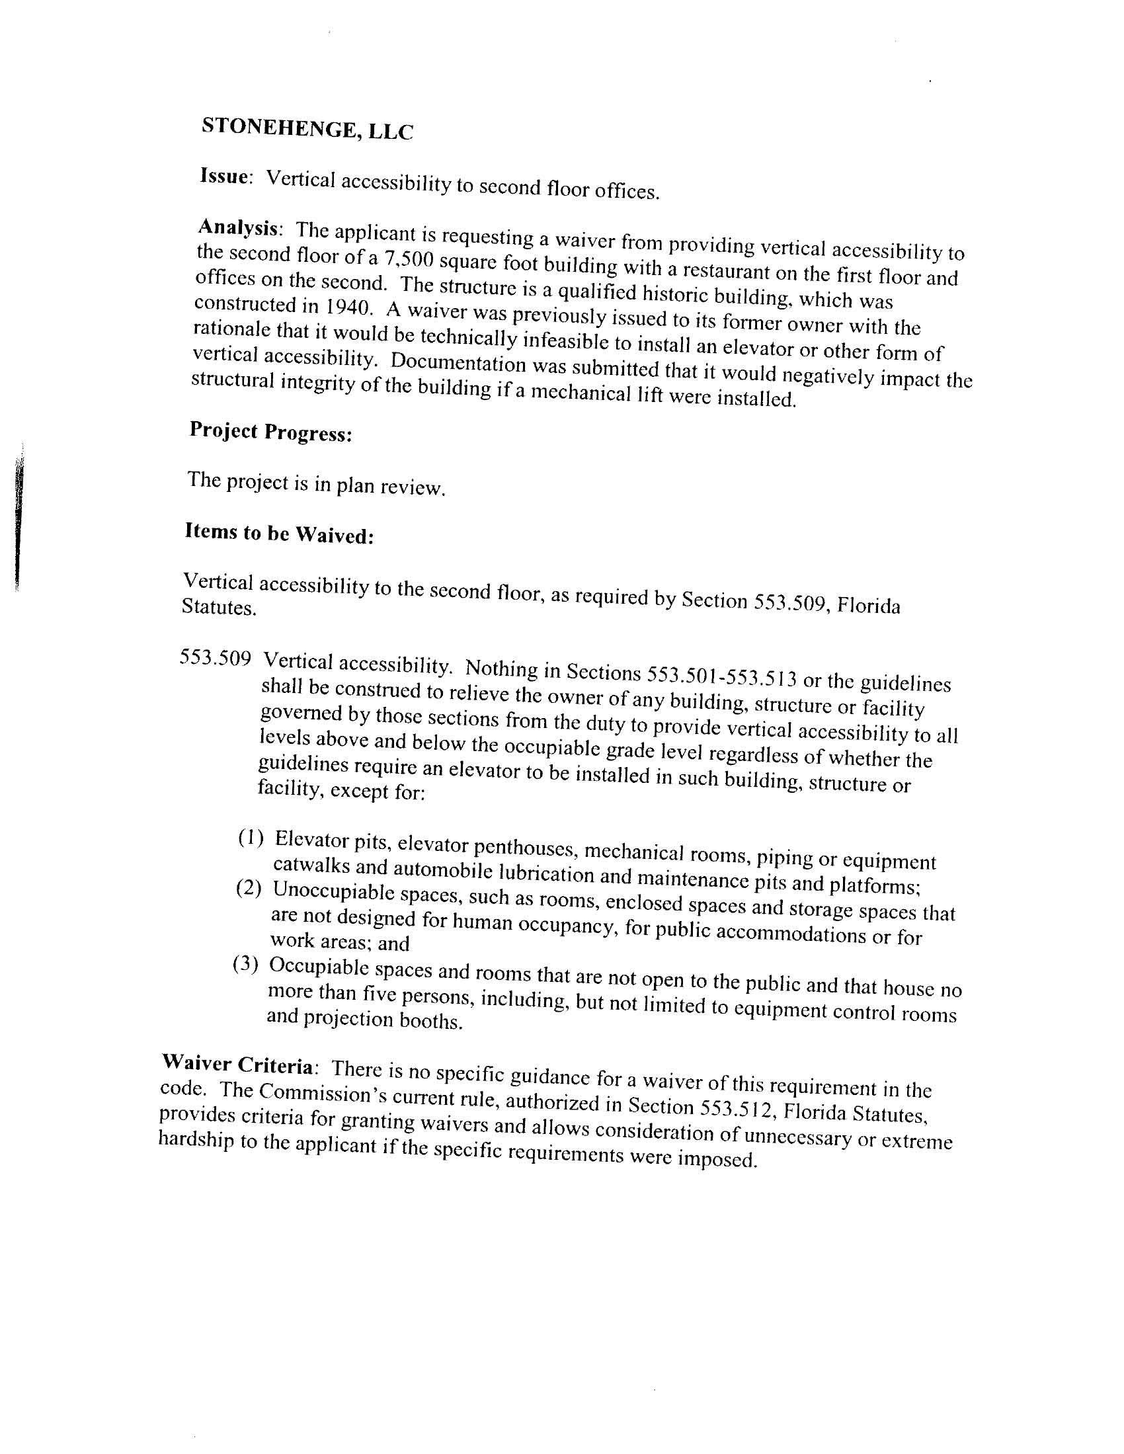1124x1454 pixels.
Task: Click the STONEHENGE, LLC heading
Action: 307,128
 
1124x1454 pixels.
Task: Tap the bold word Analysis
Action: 239,227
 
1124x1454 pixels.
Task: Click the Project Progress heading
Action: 270,432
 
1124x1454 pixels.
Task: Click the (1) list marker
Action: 251,838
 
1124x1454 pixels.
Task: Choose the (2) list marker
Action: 249,888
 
